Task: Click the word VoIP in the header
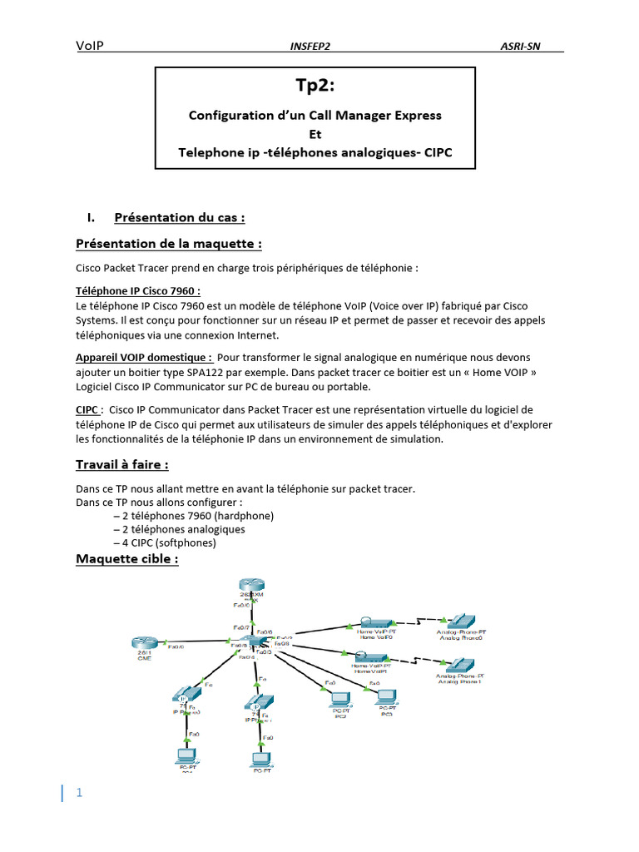pyautogui.click(x=90, y=46)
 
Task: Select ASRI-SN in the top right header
pyautogui.click(x=520, y=47)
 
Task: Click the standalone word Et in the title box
pyautogui.click(x=315, y=133)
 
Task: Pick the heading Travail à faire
pyautogui.click(x=127, y=464)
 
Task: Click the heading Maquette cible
pyautogui.click(x=126, y=559)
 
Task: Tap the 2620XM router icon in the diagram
pyautogui.click(x=249, y=587)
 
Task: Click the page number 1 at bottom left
pyautogui.click(x=79, y=793)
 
